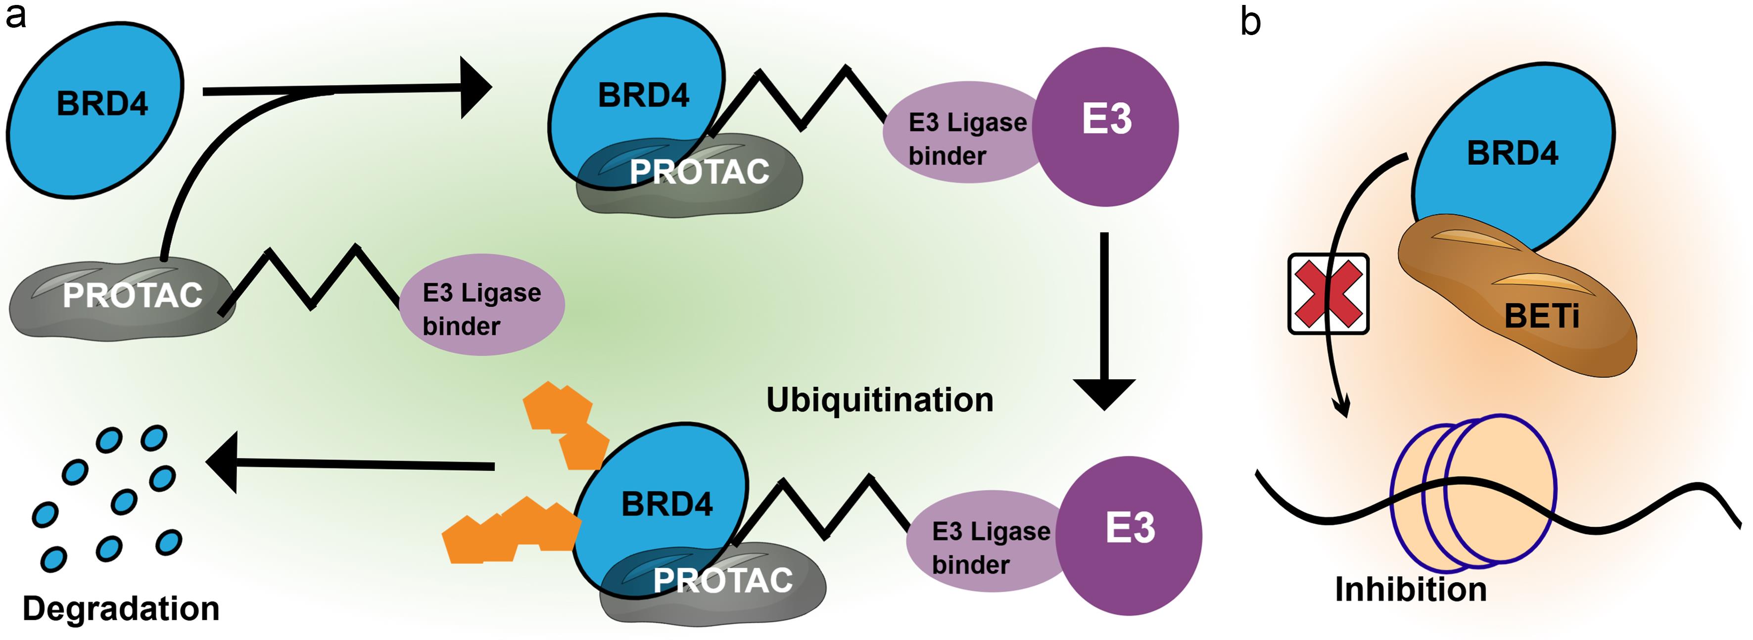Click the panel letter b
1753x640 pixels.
pyautogui.click(x=1250, y=22)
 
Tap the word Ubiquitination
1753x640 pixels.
pyautogui.click(x=879, y=400)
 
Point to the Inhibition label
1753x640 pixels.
pyautogui.click(x=1410, y=589)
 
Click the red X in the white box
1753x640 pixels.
pyautogui.click(x=1327, y=294)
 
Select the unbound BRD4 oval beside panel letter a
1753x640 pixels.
pyautogui.click(x=95, y=109)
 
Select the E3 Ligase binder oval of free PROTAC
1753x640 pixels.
pyautogui.click(x=482, y=305)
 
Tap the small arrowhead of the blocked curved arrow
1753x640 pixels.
pyautogui.click(x=1343, y=408)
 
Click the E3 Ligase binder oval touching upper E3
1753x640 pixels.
pyautogui.click(x=959, y=133)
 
